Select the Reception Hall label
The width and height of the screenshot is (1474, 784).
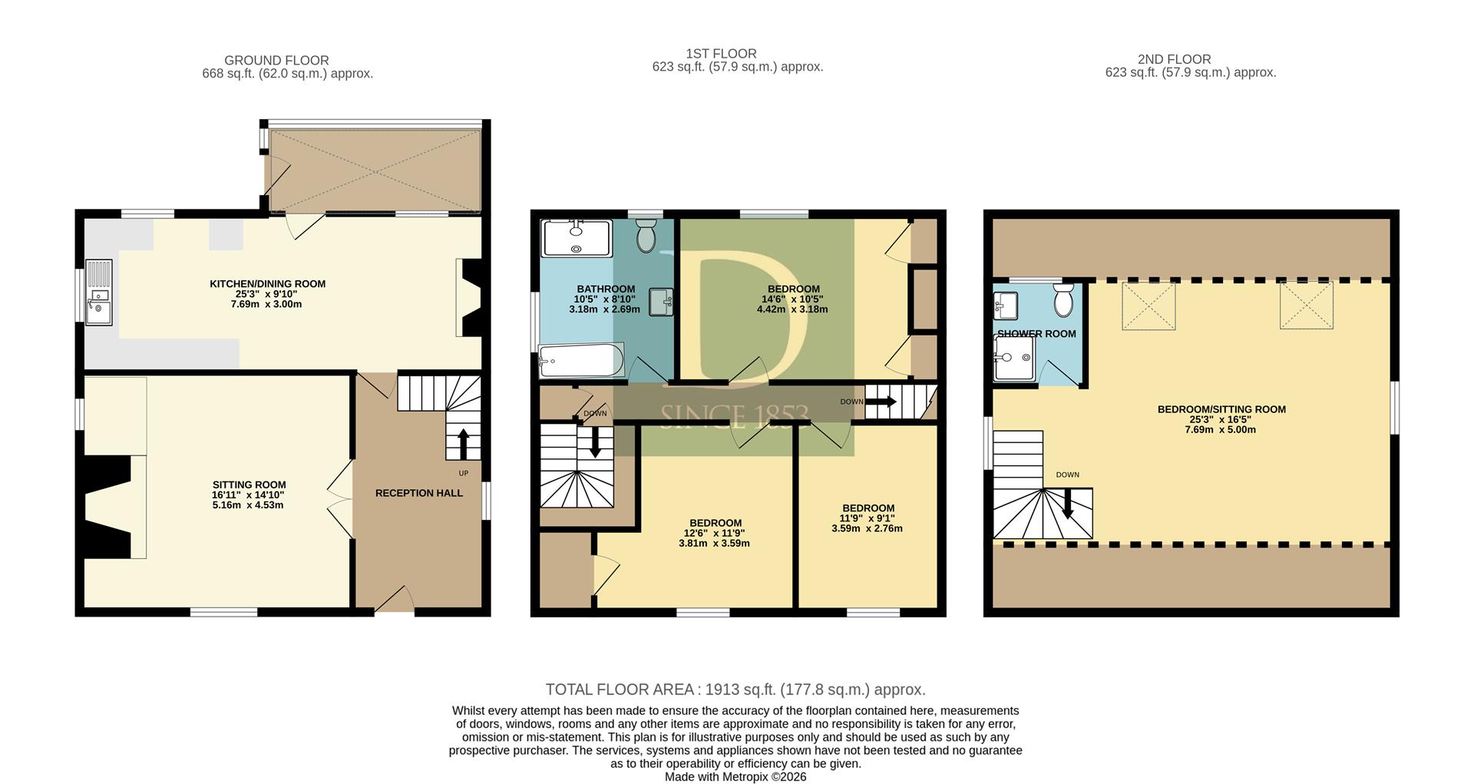click(419, 493)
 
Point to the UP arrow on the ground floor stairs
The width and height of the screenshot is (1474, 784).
click(463, 444)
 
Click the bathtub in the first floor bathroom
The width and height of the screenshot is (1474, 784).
click(581, 360)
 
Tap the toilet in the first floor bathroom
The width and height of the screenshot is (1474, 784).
click(646, 236)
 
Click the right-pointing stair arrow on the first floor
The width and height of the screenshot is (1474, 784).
click(881, 402)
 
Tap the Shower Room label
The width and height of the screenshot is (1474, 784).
click(1036, 334)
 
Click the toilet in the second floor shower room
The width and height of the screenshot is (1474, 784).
click(1063, 299)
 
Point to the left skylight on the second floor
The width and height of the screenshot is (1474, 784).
click(1148, 306)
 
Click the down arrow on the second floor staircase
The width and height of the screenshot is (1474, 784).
click(1067, 504)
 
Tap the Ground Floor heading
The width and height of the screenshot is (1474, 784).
click(276, 60)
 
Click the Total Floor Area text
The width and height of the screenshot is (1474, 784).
click(735, 690)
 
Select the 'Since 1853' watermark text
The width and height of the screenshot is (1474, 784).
click(734, 415)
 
